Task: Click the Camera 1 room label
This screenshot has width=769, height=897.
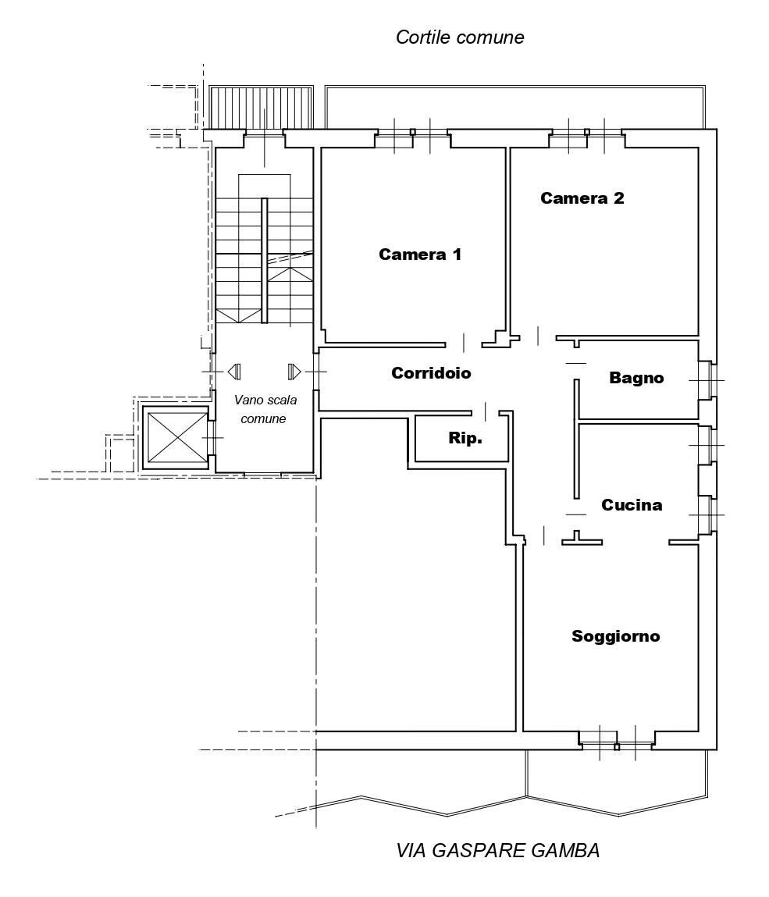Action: pyautogui.click(x=420, y=254)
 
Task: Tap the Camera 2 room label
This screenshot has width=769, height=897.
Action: pyautogui.click(x=582, y=198)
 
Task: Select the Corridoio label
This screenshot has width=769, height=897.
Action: pyautogui.click(x=432, y=373)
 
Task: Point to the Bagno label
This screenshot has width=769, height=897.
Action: pyautogui.click(x=636, y=378)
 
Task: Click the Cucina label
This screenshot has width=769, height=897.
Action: pyautogui.click(x=632, y=504)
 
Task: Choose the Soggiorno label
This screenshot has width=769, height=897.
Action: pyautogui.click(x=616, y=636)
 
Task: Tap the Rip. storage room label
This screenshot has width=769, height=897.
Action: pyautogui.click(x=465, y=439)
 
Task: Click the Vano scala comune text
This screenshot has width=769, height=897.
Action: pyautogui.click(x=265, y=409)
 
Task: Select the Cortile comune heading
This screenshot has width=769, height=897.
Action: pyautogui.click(x=460, y=37)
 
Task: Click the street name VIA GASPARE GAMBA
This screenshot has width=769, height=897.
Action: pyautogui.click(x=498, y=851)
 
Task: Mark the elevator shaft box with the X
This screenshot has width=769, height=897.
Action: pyautogui.click(x=177, y=437)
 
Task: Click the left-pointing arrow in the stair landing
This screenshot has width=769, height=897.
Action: pyautogui.click(x=234, y=372)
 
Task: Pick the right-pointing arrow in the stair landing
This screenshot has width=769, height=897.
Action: pyautogui.click(x=294, y=372)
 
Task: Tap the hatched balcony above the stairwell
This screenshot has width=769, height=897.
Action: pyautogui.click(x=261, y=108)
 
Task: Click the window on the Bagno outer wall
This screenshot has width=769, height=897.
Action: pyautogui.click(x=706, y=380)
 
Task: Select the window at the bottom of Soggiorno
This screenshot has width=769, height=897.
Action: pyautogui.click(x=617, y=742)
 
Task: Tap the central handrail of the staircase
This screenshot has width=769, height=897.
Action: pyautogui.click(x=265, y=260)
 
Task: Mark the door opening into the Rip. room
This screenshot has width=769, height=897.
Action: pyautogui.click(x=485, y=411)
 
